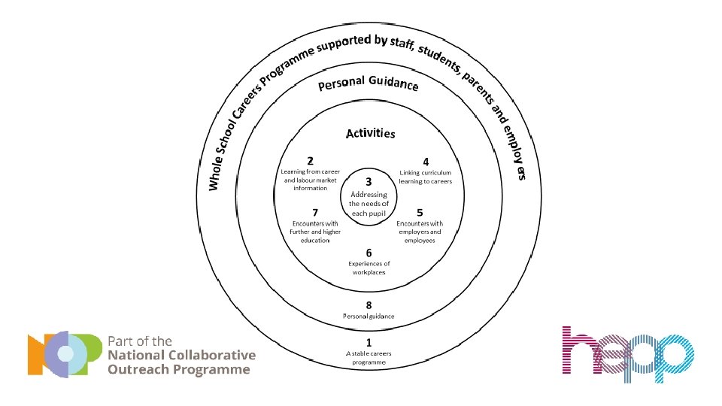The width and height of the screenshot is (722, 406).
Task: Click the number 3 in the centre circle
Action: click(369, 181)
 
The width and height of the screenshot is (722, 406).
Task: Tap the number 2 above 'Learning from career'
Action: click(311, 161)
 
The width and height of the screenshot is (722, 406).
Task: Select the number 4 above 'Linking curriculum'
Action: click(426, 161)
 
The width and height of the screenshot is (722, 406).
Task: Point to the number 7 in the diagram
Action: click(315, 212)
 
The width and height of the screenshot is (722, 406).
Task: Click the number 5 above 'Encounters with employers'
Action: click(420, 212)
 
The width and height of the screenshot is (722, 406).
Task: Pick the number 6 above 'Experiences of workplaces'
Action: click(369, 253)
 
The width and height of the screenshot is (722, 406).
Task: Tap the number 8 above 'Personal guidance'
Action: click(369, 304)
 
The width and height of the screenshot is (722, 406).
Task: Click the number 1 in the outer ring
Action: click(369, 341)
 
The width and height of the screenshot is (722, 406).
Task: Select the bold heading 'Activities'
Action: click(370, 134)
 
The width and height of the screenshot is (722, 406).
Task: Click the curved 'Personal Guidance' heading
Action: click(368, 83)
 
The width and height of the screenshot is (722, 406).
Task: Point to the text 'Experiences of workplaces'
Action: click(369, 268)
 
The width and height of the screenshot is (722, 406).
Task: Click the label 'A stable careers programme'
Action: click(369, 357)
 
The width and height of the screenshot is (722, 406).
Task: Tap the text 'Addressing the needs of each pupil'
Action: click(369, 204)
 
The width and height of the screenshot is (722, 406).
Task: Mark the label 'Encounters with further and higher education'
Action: click(315, 232)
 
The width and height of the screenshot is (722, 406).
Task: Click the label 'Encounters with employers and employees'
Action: click(420, 232)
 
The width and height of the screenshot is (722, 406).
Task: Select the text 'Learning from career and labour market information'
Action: click(311, 180)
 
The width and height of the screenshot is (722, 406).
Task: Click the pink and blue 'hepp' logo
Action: click(627, 354)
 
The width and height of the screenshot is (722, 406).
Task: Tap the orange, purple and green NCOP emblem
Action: click(64, 354)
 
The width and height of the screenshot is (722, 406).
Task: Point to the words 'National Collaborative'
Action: click(182, 355)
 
